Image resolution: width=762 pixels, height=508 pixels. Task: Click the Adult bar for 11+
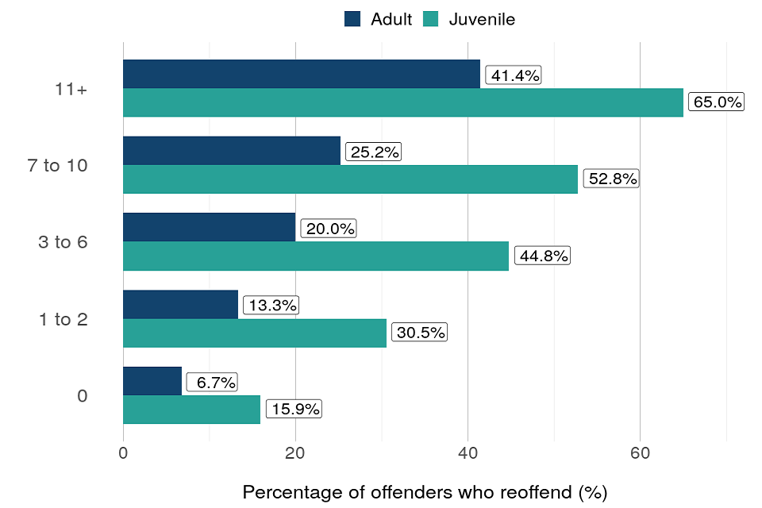302,74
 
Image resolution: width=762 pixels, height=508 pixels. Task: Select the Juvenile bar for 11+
403,102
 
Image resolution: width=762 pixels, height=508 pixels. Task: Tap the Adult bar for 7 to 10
232,150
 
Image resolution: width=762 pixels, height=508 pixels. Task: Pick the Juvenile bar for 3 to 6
316,256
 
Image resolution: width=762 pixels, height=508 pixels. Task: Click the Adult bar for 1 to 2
180,304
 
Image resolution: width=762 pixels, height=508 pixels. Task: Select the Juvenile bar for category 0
191,410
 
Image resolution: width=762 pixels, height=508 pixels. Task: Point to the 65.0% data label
716,102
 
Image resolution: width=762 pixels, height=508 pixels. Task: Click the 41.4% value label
513,76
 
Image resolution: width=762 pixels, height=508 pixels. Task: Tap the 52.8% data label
611,179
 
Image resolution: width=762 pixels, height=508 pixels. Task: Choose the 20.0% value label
329,229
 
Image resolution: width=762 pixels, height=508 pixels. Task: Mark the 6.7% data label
213,383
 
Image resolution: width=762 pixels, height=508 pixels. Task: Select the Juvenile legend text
482,19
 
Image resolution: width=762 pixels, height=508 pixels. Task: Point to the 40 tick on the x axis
468,453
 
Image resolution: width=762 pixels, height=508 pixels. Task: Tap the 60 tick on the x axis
640,453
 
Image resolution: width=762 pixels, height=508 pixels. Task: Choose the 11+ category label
71,89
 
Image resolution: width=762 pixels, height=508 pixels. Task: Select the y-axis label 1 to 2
63,319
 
